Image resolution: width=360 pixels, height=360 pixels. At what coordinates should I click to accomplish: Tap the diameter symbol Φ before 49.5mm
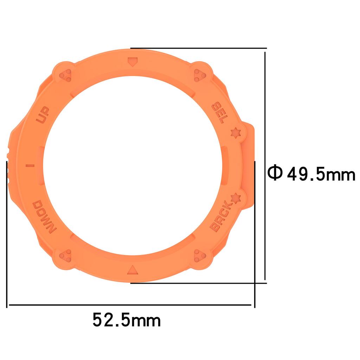coord(274,173)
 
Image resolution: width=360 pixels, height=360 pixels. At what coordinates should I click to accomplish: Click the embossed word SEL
coord(218,113)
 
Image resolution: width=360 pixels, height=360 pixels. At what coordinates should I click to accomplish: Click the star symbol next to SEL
coord(234,133)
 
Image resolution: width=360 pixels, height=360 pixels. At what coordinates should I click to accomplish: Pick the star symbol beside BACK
coord(234,199)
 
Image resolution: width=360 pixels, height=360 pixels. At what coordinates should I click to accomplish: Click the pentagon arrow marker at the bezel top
coord(133,63)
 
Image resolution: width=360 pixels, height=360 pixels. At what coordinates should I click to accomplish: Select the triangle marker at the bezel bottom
coord(133,270)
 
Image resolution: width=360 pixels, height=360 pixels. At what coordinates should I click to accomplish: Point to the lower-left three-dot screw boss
coord(65,255)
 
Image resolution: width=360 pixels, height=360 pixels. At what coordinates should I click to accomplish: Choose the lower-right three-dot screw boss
coord(200,255)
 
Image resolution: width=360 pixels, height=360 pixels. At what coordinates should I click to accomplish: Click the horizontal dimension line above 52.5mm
coord(130,305)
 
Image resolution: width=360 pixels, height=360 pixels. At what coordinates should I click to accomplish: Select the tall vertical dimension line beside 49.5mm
coord(265,165)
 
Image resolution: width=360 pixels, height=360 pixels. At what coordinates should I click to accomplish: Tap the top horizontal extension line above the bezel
coord(199,48)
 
